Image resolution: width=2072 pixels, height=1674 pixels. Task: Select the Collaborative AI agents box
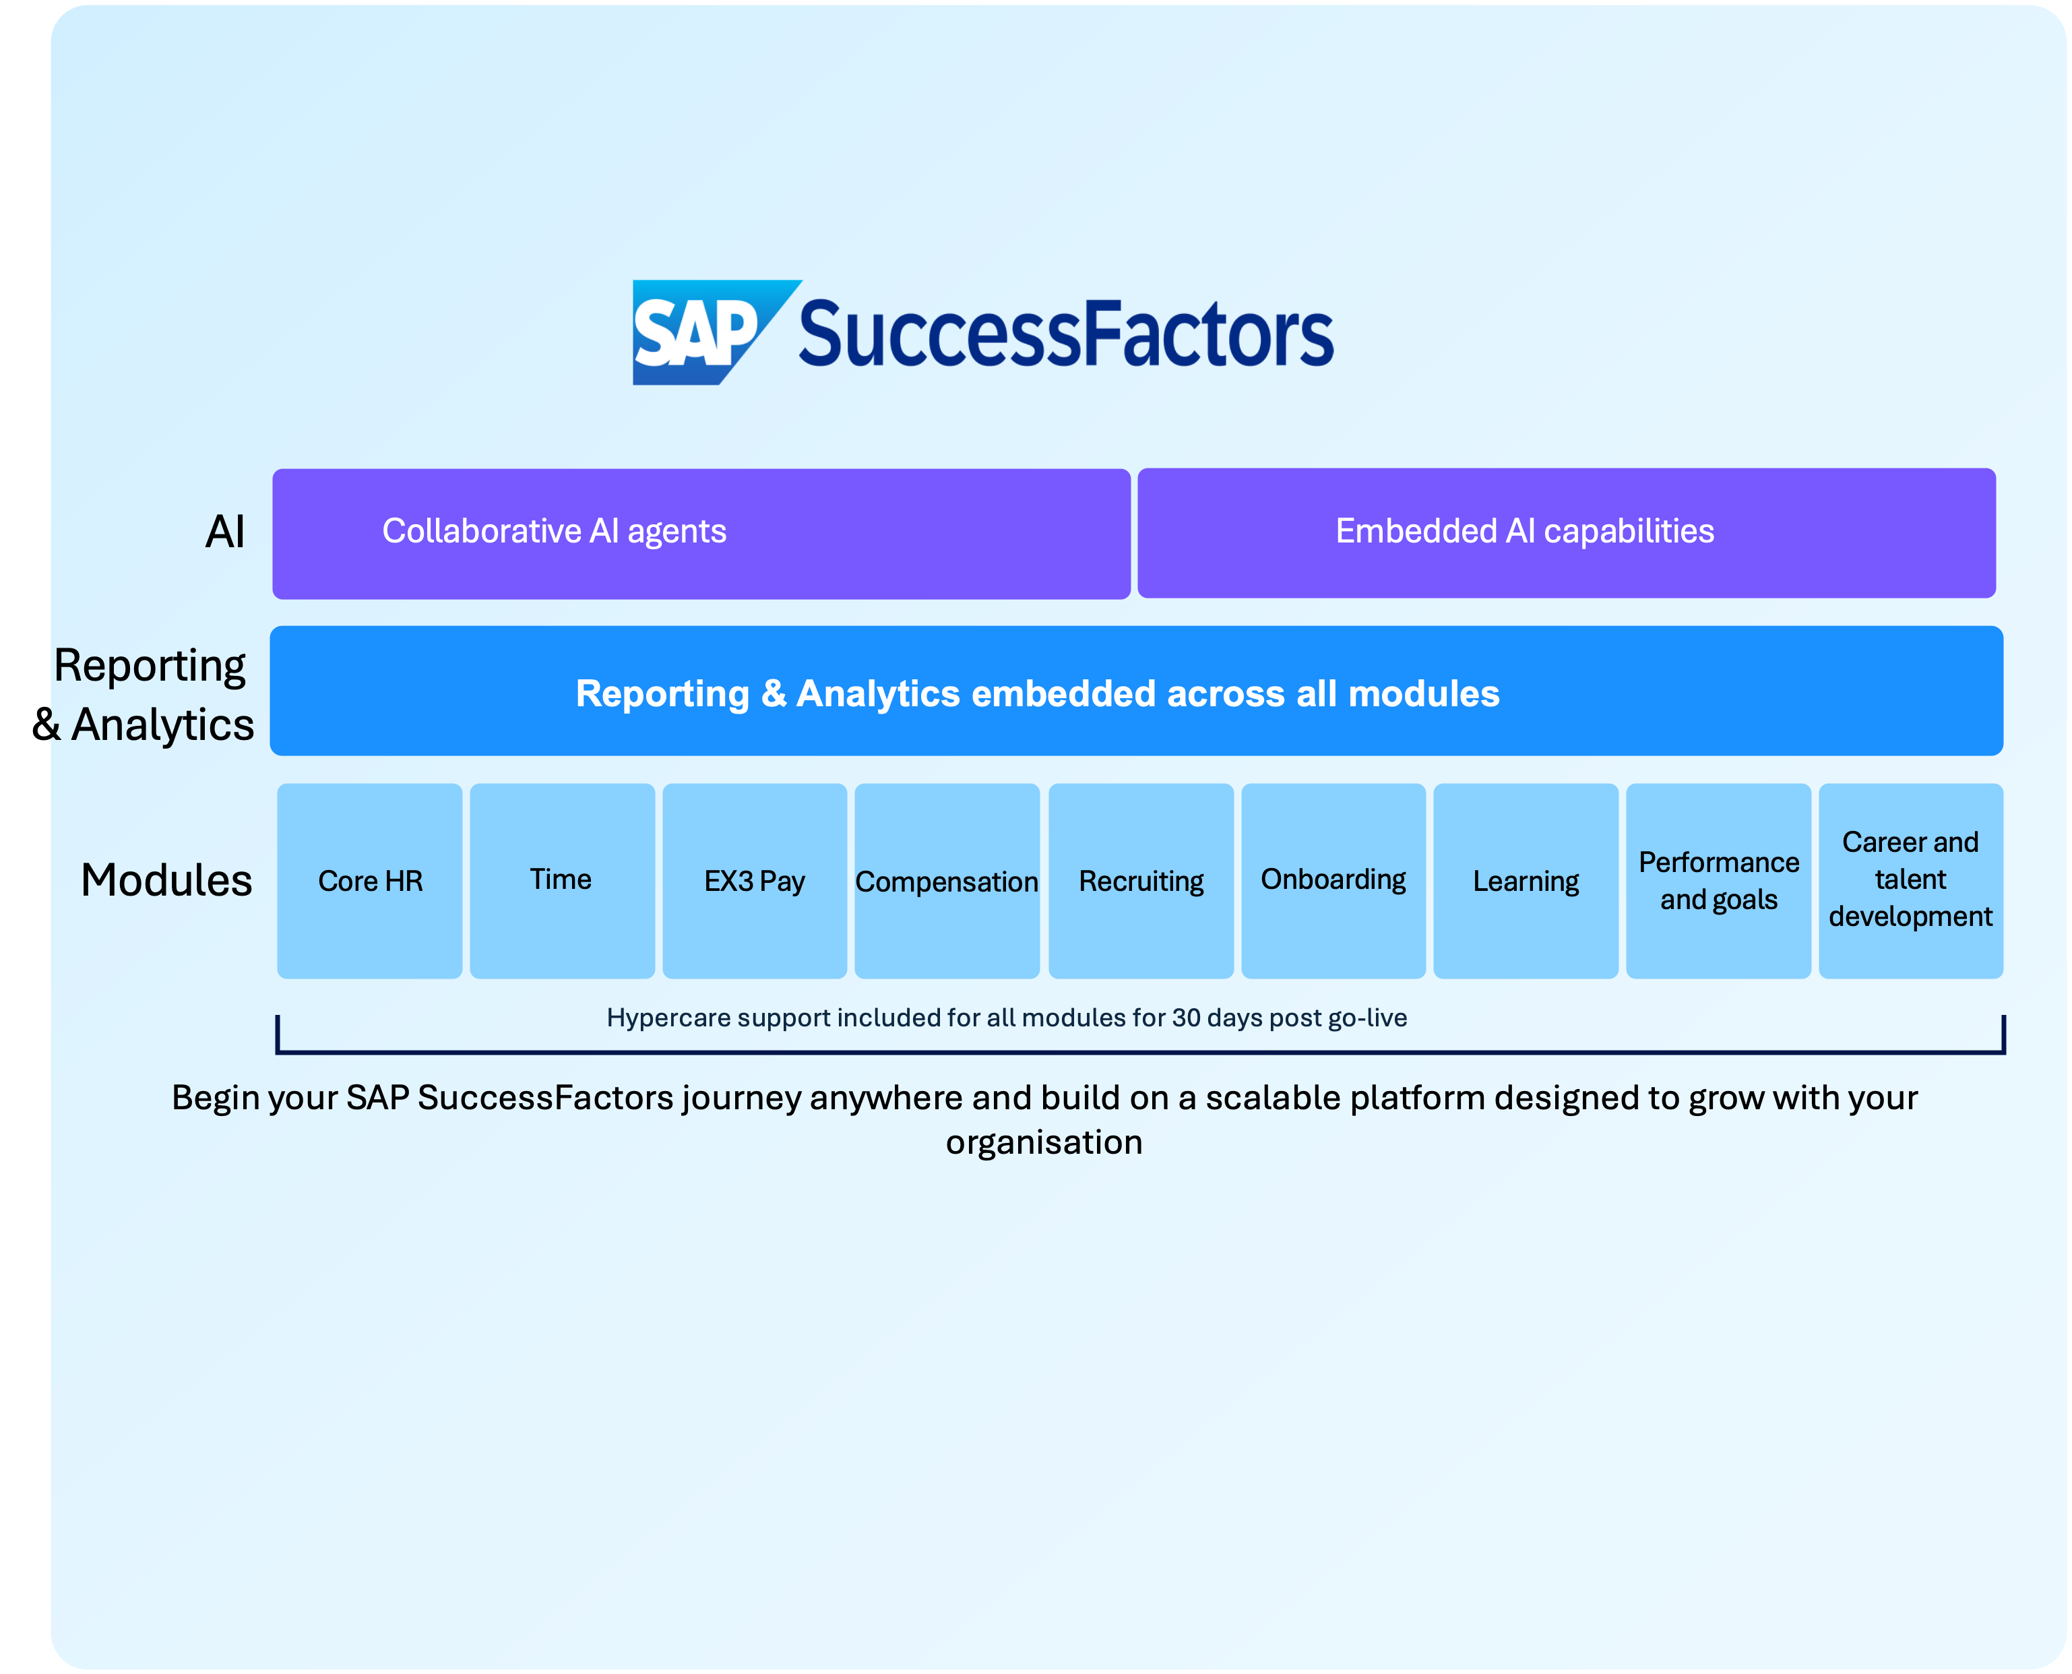(x=701, y=533)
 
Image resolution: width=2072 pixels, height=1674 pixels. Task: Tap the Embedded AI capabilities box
(x=1566, y=532)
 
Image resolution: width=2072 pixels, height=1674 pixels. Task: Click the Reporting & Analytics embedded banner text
(x=1038, y=693)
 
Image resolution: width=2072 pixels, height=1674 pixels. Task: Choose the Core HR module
(x=370, y=880)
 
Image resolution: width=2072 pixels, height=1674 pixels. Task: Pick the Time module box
(x=562, y=880)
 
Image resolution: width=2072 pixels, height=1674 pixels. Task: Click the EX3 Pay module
(x=754, y=880)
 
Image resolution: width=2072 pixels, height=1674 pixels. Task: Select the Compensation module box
(x=947, y=880)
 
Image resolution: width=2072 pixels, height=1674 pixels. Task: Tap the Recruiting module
(x=1141, y=880)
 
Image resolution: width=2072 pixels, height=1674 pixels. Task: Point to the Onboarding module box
(x=1333, y=880)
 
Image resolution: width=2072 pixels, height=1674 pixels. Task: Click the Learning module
(x=1526, y=880)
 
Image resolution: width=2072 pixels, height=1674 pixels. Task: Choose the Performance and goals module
(x=1718, y=880)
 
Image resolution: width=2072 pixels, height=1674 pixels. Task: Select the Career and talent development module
(x=1910, y=880)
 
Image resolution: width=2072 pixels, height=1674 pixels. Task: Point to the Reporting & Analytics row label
(x=152, y=694)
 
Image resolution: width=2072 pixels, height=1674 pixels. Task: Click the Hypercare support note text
(x=1005, y=1018)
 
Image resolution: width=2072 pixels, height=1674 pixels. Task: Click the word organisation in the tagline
(x=1043, y=1143)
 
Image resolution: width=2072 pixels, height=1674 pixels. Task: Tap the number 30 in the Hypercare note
(x=1186, y=1018)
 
